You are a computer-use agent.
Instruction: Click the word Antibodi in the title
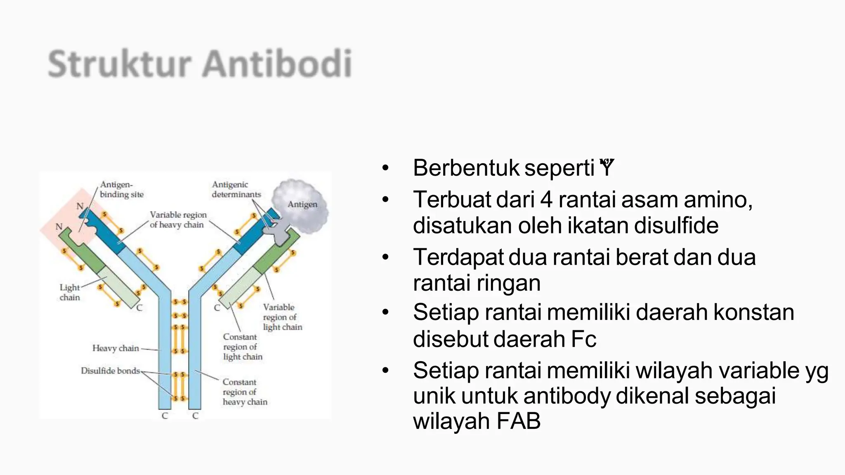pos(277,64)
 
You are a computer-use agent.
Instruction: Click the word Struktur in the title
pos(120,64)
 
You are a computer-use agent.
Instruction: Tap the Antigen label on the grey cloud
pos(302,205)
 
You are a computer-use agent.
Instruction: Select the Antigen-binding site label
pos(121,190)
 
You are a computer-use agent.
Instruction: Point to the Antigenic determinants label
pos(236,190)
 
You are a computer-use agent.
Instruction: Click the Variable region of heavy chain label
pos(178,220)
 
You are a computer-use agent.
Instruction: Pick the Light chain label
pos(69,292)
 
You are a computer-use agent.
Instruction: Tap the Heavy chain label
pos(116,348)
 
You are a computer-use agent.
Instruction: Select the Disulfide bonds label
pos(110,371)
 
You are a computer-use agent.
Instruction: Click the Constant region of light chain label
pos(242,347)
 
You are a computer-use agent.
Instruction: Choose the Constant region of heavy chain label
pos(245,392)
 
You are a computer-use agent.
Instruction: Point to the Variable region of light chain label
pos(282,317)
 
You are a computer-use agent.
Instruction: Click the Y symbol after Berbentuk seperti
pos(607,168)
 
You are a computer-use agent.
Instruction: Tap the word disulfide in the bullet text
pos(676,226)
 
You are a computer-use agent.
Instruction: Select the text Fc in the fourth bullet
pos(583,339)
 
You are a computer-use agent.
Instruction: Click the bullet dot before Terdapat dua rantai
pos(385,257)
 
